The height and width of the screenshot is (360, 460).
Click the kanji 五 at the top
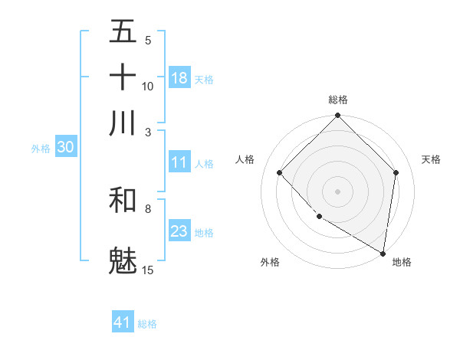pos(123,32)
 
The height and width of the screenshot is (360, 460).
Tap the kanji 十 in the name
pos(123,77)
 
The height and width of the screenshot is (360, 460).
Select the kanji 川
pos(123,123)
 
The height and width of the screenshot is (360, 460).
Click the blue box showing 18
pos(179,77)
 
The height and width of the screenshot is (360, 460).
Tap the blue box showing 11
pos(179,162)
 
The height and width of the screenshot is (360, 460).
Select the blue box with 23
pos(179,231)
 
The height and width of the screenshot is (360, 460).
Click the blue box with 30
pos(65,148)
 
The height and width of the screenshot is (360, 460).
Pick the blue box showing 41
pos(123,322)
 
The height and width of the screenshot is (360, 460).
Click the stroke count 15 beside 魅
pos(148,270)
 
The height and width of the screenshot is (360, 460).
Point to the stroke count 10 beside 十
pos(148,86)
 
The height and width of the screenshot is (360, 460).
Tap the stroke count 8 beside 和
pos(148,208)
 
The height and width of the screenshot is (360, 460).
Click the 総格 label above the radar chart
pos(338,100)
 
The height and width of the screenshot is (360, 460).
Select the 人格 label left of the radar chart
pos(245,159)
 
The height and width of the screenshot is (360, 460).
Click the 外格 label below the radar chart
pos(270,262)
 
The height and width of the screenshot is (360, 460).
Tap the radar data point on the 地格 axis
pos(383,253)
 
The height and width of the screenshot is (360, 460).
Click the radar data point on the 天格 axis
pos(396,172)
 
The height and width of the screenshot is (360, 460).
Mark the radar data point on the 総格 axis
pos(338,116)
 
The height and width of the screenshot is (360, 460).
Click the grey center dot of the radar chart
pos(338,191)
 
